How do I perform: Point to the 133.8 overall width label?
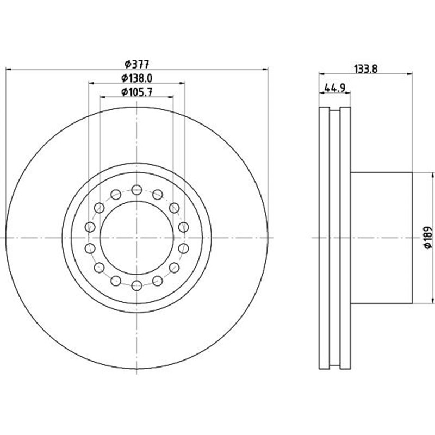[x=363, y=69]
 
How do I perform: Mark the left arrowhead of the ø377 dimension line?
[x=8, y=70]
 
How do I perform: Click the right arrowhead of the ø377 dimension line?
[x=265, y=70]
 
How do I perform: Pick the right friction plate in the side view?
[x=345, y=238]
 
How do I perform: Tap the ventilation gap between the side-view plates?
[x=334, y=238]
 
